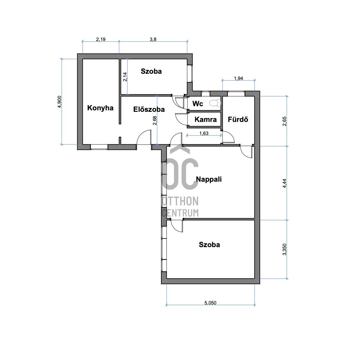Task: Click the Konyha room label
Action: tap(100, 108)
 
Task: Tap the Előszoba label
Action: tap(149, 109)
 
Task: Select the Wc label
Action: tap(198, 103)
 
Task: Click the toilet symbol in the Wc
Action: tap(215, 103)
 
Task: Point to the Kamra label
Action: tap(206, 119)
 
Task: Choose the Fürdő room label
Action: tap(238, 119)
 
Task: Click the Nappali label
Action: tap(209, 179)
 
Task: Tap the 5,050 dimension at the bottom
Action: tap(210, 303)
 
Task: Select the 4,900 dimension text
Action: tap(59, 102)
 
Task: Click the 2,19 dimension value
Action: tap(101, 39)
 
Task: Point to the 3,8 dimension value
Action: tap(153, 39)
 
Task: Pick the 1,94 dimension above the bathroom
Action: tap(239, 78)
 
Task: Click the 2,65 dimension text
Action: tap(284, 121)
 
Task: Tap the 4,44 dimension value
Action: tap(284, 183)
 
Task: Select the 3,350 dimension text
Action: tap(284, 249)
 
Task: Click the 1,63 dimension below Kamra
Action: tap(204, 134)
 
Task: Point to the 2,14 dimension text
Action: tap(125, 77)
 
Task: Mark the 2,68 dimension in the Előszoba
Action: tap(155, 121)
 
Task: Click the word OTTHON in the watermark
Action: tap(180, 201)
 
